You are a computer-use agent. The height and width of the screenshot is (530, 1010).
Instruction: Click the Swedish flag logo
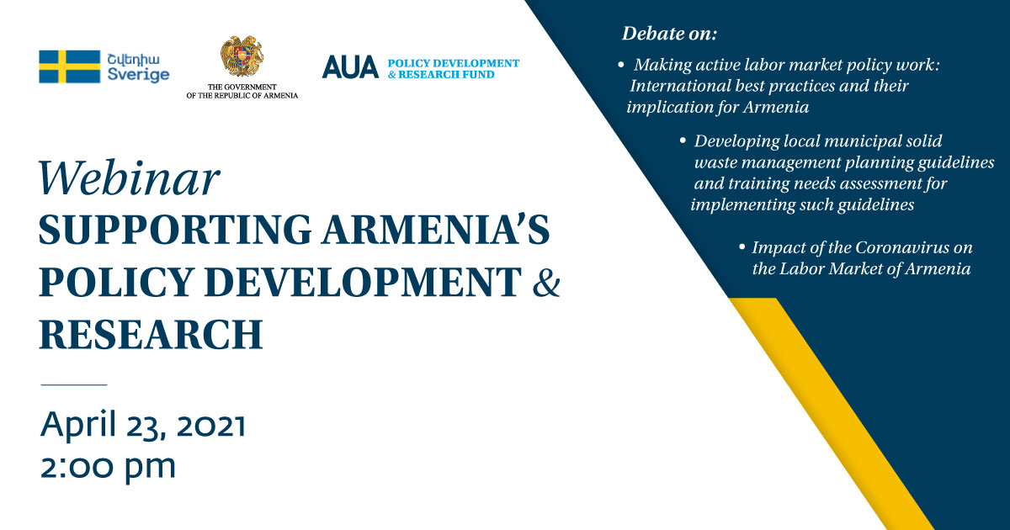[69, 66]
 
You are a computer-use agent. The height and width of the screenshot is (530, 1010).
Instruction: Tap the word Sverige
[138, 75]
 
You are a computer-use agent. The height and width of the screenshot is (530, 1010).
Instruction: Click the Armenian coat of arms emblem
[242, 57]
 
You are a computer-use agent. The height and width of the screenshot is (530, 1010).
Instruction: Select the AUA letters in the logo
[350, 67]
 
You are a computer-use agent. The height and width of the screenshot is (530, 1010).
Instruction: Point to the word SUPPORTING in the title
[175, 230]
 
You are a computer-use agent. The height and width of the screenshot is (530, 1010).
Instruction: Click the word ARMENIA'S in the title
[436, 229]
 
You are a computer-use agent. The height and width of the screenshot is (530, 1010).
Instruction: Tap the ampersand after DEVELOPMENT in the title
[546, 282]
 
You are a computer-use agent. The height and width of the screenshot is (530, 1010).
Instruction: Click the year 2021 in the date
[211, 425]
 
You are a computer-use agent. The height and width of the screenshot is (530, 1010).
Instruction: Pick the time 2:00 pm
[108, 467]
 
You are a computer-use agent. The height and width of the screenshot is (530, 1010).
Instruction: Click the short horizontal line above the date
[74, 385]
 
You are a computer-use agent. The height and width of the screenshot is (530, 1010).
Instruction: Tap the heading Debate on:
[670, 34]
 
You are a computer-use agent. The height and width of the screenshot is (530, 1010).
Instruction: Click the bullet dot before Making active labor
[621, 65]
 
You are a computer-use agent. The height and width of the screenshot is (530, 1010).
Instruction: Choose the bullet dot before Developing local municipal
[683, 141]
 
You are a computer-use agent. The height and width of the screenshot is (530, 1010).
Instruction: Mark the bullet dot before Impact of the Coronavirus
[742, 247]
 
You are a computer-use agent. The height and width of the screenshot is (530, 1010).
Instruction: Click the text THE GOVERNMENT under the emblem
[242, 87]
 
